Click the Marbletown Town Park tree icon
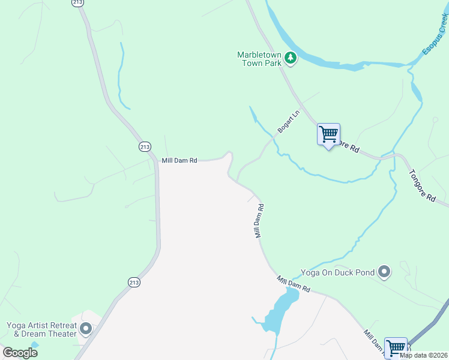(291, 58)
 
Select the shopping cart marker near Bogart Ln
(328, 134)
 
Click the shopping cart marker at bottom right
(396, 347)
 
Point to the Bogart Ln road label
(288, 122)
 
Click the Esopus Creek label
(435, 35)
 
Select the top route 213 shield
(77, 2)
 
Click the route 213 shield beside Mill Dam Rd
(145, 146)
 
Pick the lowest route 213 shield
(134, 282)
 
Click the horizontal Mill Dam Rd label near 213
(179, 160)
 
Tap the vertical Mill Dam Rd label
(260, 220)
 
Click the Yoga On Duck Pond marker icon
(385, 272)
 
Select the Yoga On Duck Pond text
(337, 272)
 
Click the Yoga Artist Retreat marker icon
(85, 329)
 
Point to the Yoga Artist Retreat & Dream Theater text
(41, 329)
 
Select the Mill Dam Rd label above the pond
(294, 284)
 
